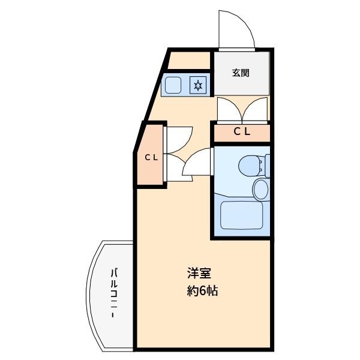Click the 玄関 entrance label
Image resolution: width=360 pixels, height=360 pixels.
click(241, 73)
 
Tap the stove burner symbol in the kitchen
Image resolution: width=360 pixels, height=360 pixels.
click(199, 85)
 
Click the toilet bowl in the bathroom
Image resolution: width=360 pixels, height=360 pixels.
click(247, 164)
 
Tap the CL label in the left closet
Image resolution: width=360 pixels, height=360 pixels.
click(151, 158)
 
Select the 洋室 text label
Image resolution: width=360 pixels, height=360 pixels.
click(199, 273)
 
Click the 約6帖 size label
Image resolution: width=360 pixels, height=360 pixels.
click(202, 292)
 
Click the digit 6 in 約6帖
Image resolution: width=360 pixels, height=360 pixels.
click(203, 292)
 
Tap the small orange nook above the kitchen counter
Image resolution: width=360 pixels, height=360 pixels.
click(188, 61)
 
